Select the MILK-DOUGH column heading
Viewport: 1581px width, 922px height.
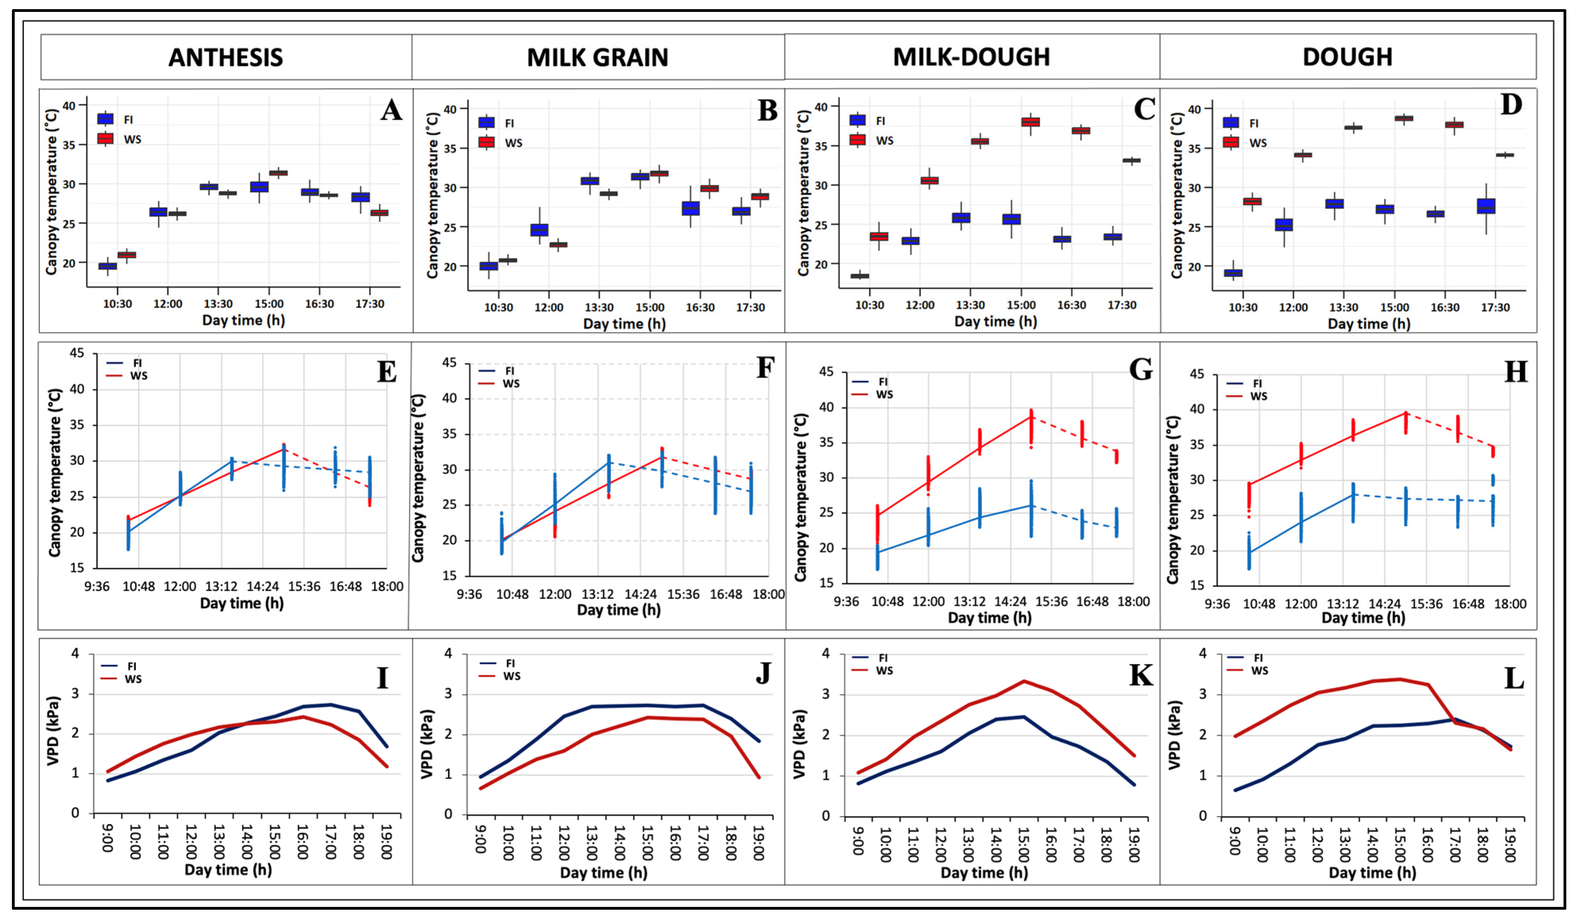pos(971,57)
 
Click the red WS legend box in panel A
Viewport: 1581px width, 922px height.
pos(105,138)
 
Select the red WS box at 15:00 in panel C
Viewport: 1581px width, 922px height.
pos(1030,122)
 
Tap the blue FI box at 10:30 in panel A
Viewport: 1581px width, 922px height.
pos(108,266)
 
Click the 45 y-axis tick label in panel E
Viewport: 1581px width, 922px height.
pos(77,353)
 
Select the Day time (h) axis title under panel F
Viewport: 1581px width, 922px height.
pos(619,610)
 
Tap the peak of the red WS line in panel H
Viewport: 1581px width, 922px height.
pos(1405,413)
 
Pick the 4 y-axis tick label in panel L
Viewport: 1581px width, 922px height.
pos(1203,654)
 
